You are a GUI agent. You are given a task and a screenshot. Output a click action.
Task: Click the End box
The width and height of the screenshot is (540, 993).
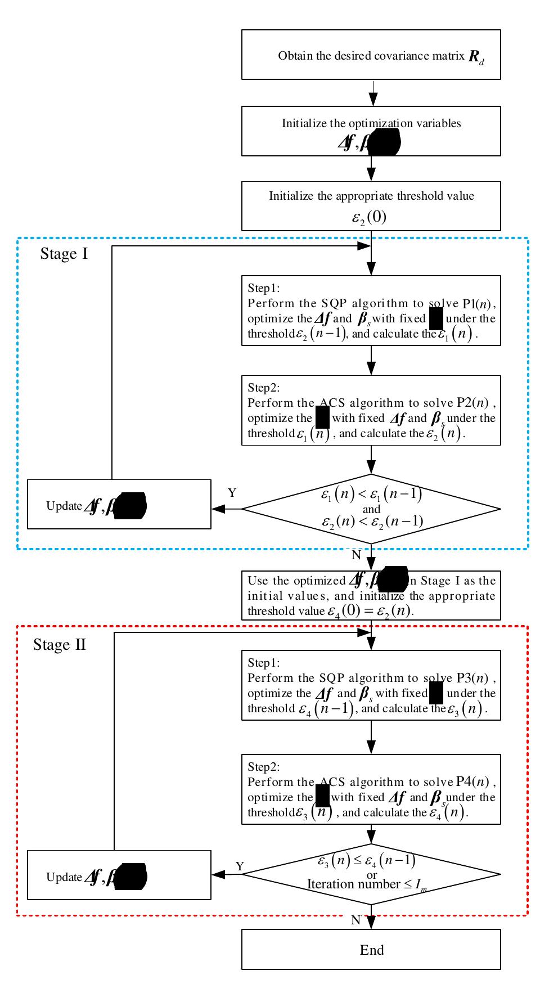click(371, 950)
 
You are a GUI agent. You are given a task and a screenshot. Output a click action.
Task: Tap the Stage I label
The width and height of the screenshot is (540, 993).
click(64, 254)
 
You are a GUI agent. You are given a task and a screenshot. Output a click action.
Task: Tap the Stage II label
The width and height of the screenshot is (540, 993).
click(60, 644)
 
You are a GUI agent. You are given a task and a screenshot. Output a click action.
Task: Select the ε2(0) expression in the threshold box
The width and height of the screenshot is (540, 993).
click(369, 217)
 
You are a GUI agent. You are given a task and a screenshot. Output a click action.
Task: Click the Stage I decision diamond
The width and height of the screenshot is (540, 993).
click(371, 509)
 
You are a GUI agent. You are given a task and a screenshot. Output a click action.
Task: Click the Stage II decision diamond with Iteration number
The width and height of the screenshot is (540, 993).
click(371, 874)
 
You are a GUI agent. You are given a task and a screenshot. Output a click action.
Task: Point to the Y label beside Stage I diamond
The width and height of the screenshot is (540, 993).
click(232, 493)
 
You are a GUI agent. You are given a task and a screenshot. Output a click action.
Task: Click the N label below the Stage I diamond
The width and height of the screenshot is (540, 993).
click(356, 555)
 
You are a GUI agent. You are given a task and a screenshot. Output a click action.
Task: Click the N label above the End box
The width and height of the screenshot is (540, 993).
click(355, 920)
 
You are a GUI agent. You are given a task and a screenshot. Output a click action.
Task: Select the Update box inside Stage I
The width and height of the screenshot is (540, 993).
click(119, 505)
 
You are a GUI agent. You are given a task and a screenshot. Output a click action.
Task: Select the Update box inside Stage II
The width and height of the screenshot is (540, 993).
click(119, 875)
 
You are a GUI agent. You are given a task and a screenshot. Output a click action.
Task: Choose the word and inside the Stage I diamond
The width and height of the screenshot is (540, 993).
click(371, 509)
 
